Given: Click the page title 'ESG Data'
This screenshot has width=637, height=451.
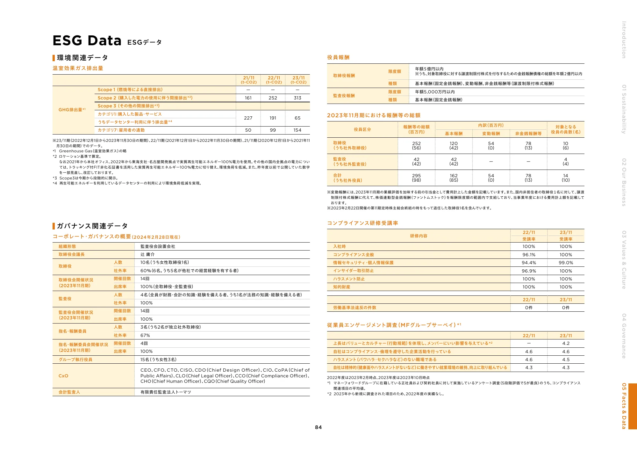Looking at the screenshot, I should coord(87,41).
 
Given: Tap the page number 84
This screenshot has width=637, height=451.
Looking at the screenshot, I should coord(318,427).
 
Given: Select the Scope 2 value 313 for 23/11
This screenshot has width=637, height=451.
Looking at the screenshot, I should coord(297,98).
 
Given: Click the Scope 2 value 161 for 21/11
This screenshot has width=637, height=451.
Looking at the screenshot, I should coord(248,98).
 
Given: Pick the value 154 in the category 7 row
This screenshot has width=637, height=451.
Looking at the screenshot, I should coord(297,130).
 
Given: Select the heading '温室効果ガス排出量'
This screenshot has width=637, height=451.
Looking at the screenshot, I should coord(78,68).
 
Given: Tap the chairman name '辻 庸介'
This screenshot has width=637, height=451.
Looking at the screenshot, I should coord(147,254).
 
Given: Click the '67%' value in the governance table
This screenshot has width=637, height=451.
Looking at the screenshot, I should coord(145,335).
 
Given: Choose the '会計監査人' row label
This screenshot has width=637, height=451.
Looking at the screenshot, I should coord(69,392).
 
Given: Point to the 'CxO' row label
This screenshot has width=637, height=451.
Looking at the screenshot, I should coord(63,376).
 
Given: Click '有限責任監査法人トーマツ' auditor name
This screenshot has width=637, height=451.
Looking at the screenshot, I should coord(166,392).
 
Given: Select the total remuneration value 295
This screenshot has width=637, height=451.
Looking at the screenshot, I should coord(416,176).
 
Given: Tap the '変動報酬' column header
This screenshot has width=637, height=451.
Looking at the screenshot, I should coord(491,134).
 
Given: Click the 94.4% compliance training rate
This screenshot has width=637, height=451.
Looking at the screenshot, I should coord(529,263).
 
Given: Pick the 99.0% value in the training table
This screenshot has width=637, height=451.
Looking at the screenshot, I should coord(566,263).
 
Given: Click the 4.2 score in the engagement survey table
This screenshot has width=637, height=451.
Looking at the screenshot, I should coord(566,343).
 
